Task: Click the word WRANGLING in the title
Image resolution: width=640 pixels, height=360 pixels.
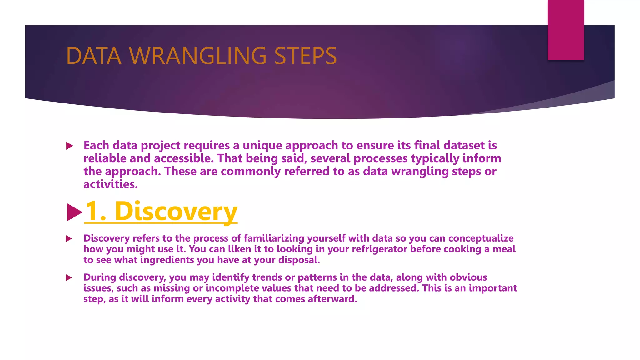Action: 197,56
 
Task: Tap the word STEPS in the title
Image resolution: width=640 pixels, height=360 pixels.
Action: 305,56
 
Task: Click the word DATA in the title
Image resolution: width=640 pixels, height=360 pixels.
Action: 94,56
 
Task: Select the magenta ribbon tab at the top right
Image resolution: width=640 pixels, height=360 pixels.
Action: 566,30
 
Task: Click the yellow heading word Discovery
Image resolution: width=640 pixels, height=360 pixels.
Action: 176,212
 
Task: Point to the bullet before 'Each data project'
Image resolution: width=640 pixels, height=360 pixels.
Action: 70,146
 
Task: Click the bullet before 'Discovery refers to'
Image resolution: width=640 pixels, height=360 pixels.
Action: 69,239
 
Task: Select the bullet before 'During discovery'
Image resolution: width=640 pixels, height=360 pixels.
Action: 69,278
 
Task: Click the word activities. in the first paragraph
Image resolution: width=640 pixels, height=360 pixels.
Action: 110,184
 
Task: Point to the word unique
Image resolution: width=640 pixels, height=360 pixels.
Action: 262,146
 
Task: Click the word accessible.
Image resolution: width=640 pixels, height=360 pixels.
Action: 184,158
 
